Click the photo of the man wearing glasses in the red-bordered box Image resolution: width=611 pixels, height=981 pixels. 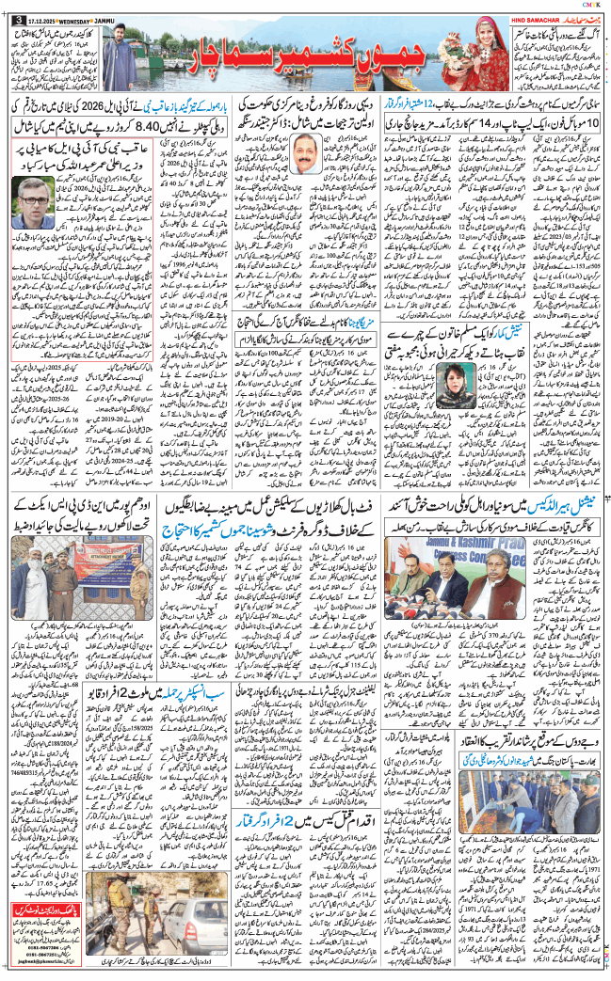pyautogui.click(x=36, y=202)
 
